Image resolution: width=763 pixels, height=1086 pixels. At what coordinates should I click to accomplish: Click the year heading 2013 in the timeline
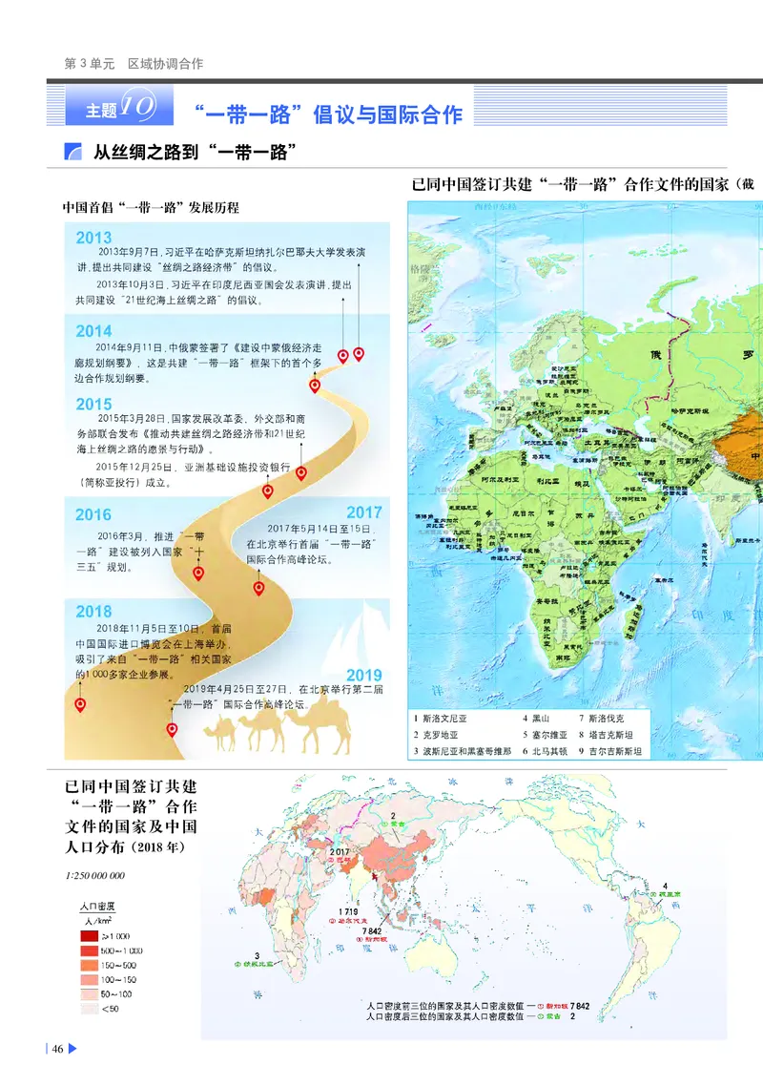click(93, 238)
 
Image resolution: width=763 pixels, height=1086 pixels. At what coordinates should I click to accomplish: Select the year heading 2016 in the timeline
click(93, 515)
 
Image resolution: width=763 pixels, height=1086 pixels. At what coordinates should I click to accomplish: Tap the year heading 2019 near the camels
click(363, 676)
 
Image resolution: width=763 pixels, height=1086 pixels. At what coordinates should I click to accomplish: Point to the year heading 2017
click(363, 512)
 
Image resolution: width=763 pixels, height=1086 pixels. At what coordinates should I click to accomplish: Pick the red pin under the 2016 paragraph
click(198, 573)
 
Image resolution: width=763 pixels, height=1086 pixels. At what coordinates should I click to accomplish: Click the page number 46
click(57, 1049)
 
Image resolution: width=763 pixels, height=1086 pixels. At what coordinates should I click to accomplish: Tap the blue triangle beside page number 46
click(72, 1049)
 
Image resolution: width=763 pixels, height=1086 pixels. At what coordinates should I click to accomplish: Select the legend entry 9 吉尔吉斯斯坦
click(610, 751)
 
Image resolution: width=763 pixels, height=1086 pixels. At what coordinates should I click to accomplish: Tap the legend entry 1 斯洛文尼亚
click(440, 718)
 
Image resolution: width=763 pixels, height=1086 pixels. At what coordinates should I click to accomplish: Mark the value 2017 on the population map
click(340, 848)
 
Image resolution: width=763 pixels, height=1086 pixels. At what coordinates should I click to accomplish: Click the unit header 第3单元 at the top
click(89, 64)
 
